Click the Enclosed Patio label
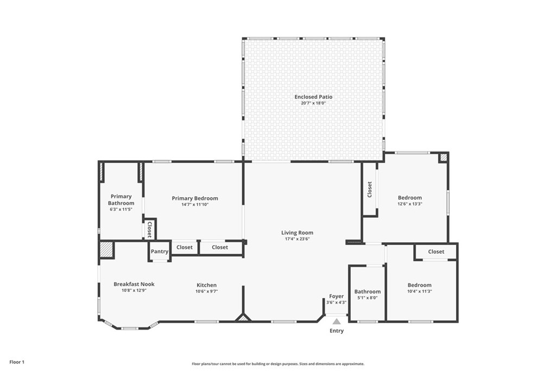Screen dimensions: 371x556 (x=313, y=97)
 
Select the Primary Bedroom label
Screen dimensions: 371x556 (x=195, y=198)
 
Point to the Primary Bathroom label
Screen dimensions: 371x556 (x=121, y=200)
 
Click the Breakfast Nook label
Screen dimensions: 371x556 (x=134, y=284)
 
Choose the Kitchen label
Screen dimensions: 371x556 (x=206, y=285)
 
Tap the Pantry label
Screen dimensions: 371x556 (x=160, y=251)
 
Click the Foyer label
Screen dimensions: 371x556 (x=337, y=296)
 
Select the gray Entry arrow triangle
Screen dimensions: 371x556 (x=337, y=322)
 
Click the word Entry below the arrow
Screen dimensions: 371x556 (x=337, y=331)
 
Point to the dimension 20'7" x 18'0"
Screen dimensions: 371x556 (x=313, y=103)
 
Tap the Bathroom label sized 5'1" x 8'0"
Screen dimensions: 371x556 (x=368, y=292)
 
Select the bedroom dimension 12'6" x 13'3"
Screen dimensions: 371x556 (x=409, y=204)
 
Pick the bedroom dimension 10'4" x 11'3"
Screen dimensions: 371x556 (x=420, y=292)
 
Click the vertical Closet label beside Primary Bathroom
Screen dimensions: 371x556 (x=149, y=229)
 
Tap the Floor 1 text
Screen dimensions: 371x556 (x=17, y=362)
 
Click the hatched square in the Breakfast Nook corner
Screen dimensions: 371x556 (x=106, y=249)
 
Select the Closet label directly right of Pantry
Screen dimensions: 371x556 (x=185, y=247)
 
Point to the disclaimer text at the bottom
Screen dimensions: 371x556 (x=277, y=364)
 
